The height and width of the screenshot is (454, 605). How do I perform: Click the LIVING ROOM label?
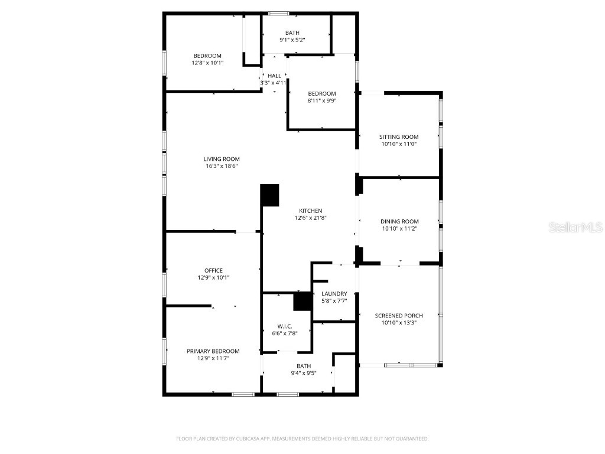click(x=222, y=159)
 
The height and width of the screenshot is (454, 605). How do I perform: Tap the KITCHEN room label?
click(x=310, y=211)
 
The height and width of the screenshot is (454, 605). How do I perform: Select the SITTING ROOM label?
click(x=399, y=137)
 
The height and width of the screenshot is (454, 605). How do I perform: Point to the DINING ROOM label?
click(x=399, y=222)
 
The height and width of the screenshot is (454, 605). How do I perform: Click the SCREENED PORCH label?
click(x=399, y=316)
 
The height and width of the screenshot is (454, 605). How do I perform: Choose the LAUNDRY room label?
click(x=334, y=294)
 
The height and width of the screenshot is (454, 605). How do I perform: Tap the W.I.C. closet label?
click(x=285, y=326)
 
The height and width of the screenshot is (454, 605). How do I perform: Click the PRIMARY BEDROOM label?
click(x=213, y=351)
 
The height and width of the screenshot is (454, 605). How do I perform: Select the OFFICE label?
click(x=213, y=271)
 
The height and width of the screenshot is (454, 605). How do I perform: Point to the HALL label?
click(x=274, y=76)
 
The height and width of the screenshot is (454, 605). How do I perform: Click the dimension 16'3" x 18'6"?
click(x=222, y=166)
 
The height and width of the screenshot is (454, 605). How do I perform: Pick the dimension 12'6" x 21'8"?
click(x=310, y=218)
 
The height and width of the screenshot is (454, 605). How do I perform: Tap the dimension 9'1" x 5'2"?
click(x=292, y=40)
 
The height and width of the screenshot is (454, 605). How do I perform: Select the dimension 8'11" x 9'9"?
click(x=321, y=100)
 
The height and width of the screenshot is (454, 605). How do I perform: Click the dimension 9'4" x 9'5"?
click(x=304, y=373)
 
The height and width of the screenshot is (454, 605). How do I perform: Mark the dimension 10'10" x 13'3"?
click(x=399, y=323)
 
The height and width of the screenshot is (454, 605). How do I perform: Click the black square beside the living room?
click(x=270, y=195)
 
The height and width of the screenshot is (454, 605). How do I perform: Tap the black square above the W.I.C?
click(x=302, y=301)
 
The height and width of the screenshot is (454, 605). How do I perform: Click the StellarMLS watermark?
click(x=575, y=227)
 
